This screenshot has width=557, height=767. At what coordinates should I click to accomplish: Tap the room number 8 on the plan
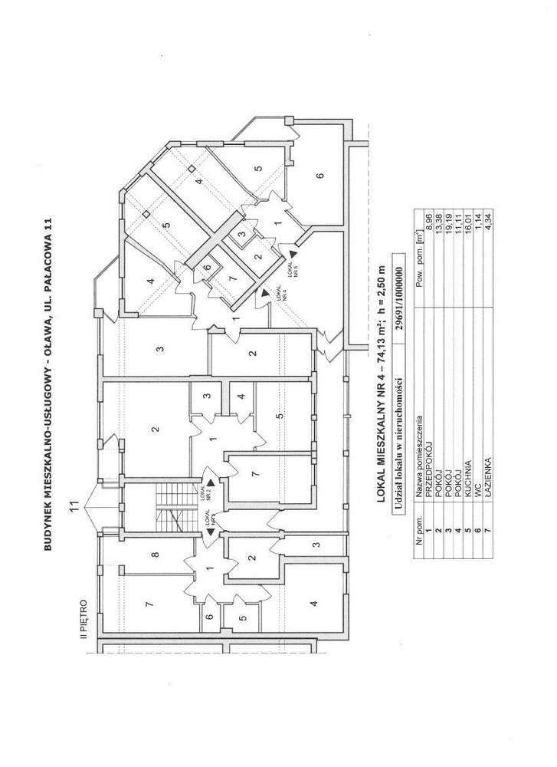pos(155,555)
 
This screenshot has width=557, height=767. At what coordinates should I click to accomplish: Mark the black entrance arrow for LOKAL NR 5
pos(295,251)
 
